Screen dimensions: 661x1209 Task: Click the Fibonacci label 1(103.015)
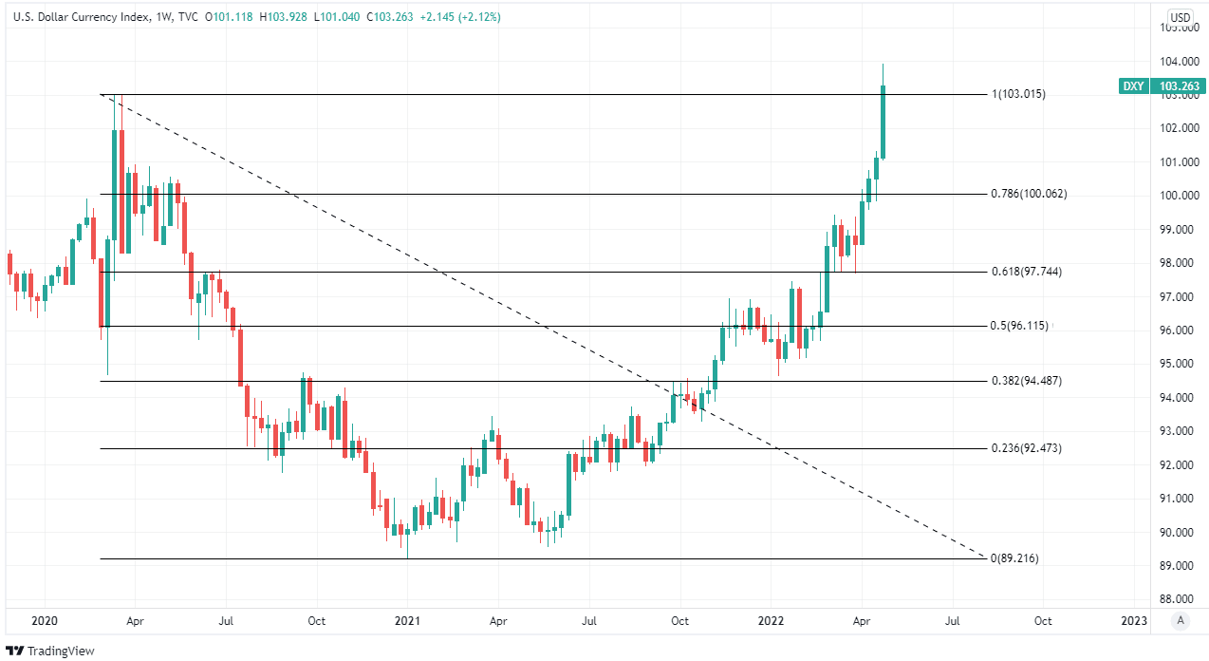(1018, 94)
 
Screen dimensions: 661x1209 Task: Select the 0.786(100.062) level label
(1029, 194)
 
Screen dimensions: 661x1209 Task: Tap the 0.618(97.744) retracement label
(1026, 272)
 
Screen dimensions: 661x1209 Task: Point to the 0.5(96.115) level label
(1019, 326)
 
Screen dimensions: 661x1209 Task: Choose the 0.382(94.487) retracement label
(1026, 381)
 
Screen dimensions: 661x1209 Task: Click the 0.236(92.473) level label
(1026, 448)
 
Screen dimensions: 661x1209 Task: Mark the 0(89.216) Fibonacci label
(1014, 558)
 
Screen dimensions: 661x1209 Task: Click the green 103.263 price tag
(1178, 86)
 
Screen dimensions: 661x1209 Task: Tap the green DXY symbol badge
(1133, 86)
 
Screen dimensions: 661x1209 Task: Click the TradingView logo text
(55, 651)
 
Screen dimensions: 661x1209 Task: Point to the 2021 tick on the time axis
(407, 621)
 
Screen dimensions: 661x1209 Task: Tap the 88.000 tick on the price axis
(1177, 599)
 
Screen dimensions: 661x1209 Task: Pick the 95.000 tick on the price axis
(1177, 364)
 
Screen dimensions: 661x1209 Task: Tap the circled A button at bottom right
(1181, 621)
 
